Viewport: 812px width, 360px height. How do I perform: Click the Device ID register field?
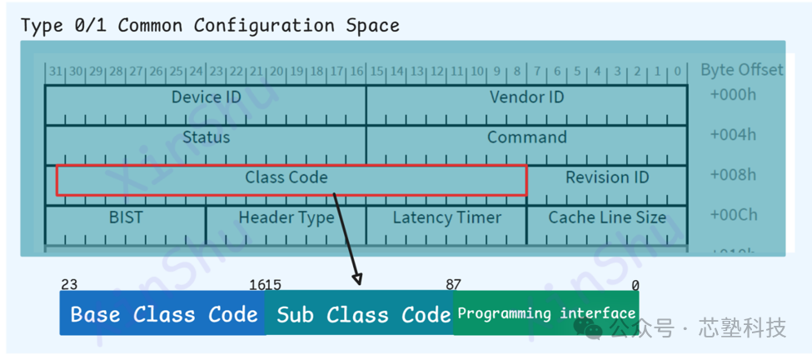pyautogui.click(x=206, y=97)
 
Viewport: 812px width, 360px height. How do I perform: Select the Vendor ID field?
pyautogui.click(x=526, y=97)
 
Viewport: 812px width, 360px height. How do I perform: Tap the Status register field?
pyautogui.click(x=206, y=137)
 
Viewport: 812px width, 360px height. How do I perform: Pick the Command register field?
pyautogui.click(x=526, y=137)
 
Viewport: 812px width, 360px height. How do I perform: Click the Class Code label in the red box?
pyautogui.click(x=286, y=177)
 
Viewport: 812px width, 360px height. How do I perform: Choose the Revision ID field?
pyautogui.click(x=607, y=177)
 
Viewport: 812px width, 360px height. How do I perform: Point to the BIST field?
pyautogui.click(x=126, y=217)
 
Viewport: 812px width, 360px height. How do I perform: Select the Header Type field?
pyautogui.click(x=286, y=217)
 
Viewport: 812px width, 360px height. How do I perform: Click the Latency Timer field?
pyautogui.click(x=446, y=217)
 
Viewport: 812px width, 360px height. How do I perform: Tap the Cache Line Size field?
pyautogui.click(x=607, y=217)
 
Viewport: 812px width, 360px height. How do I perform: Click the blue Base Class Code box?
pyautogui.click(x=163, y=314)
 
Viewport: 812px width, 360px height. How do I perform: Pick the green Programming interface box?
pyautogui.click(x=546, y=314)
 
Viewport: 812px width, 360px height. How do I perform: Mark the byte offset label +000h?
pyautogui.click(x=733, y=95)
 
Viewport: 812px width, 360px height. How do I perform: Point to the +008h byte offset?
pyautogui.click(x=733, y=175)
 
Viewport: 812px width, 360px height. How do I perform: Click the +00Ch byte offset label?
pyautogui.click(x=733, y=215)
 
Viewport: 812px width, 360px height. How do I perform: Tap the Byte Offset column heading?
pyautogui.click(x=741, y=69)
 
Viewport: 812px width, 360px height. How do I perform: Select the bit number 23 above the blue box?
pyautogui.click(x=69, y=285)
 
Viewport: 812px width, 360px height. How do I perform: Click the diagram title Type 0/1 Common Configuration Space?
pyautogui.click(x=210, y=25)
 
